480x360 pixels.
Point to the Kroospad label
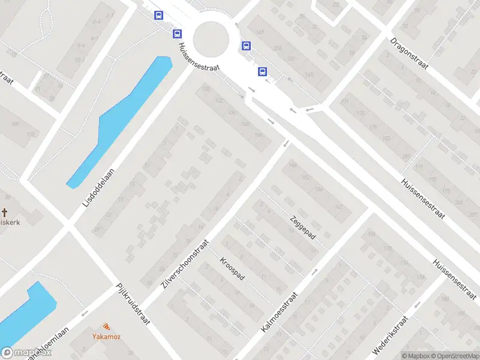tap(232, 271)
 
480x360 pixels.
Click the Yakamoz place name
tap(106, 337)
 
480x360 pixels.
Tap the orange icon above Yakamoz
tap(106, 327)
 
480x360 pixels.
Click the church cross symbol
tap(5, 212)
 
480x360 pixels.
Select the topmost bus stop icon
tap(158, 16)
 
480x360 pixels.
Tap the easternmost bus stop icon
tap(262, 71)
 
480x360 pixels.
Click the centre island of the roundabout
tap(211, 38)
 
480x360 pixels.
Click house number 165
tap(309, 74)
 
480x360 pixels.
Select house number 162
tap(338, 206)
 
